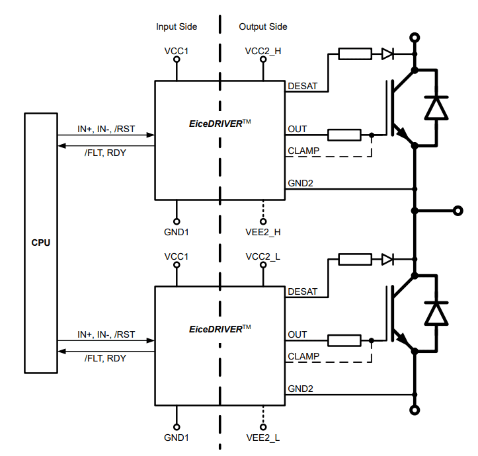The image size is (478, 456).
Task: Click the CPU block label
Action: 41,243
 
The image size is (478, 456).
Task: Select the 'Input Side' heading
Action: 177,27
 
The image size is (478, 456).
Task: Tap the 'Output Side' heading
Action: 262,27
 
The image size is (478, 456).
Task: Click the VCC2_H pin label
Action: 263,51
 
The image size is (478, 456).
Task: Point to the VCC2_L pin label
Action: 263,256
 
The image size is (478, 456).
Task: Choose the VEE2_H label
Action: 263,232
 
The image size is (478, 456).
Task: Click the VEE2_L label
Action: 263,437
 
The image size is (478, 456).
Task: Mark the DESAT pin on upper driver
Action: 302,86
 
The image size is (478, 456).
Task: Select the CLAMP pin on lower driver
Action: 303,356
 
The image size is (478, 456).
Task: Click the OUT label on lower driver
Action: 298,334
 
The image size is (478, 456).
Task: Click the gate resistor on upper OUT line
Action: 344,135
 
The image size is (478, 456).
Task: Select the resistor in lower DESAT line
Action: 355,259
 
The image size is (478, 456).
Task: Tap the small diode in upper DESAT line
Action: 388,54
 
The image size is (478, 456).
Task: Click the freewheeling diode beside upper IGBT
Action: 436,107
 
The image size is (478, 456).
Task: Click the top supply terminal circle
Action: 415,38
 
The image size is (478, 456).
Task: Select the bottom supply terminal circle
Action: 415,410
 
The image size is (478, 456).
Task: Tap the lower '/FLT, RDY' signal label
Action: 105,358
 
